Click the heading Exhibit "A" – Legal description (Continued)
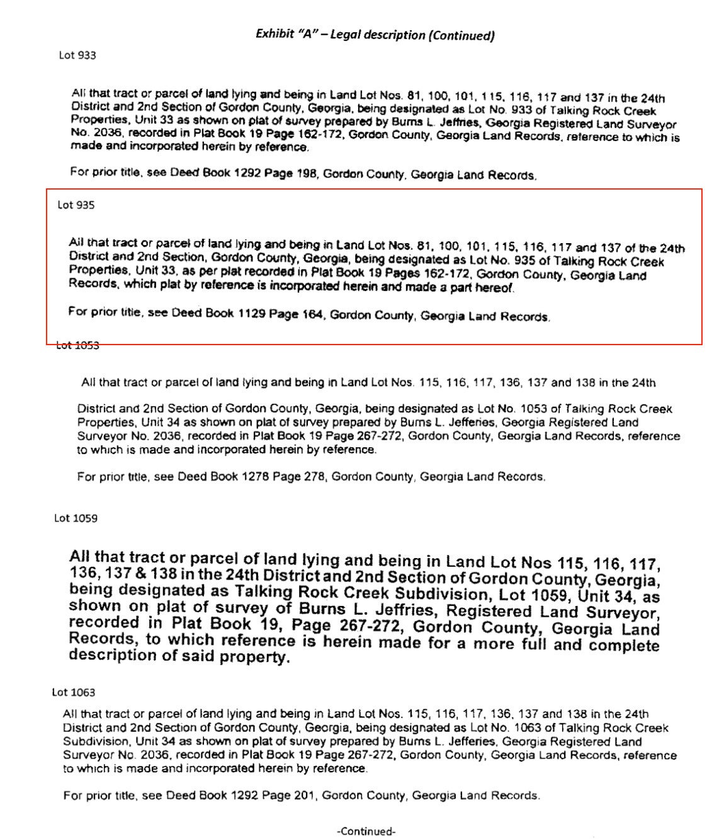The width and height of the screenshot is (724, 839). coord(375,35)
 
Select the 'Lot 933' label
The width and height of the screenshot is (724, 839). coord(77,55)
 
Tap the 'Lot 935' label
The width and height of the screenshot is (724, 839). coord(76,205)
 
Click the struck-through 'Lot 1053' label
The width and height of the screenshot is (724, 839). coord(77,345)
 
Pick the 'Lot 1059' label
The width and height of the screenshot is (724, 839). coord(76,518)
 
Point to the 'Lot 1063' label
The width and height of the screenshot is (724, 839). coord(74,692)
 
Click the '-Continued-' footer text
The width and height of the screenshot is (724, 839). coord(366,831)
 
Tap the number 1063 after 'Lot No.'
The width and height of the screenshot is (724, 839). coord(528,728)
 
